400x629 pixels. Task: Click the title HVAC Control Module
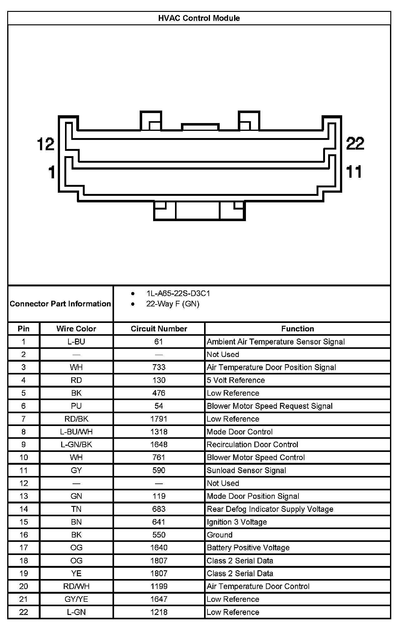[x=199, y=18]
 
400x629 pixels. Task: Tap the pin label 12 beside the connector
[x=46, y=144]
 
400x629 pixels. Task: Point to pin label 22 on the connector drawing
[x=355, y=143]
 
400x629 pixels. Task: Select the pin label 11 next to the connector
[x=354, y=172]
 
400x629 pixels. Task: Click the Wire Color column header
[x=76, y=329]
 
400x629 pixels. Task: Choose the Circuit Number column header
[x=159, y=329]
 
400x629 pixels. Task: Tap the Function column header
[x=297, y=329]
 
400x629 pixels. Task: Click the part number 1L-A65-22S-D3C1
[x=178, y=293]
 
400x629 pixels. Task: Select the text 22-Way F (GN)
[x=173, y=304]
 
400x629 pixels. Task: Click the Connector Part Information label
[x=60, y=304]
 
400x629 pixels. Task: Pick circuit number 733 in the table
[x=159, y=367]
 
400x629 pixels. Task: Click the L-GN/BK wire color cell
[x=76, y=444]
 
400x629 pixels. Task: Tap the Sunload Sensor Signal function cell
[x=246, y=470]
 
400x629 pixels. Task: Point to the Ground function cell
[x=220, y=535]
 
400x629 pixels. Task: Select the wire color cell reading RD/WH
[x=76, y=586]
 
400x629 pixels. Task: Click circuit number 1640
[x=159, y=547]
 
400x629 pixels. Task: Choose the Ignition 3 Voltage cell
[x=237, y=522]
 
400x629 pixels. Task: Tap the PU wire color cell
[x=76, y=406]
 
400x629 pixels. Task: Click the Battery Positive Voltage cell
[x=248, y=547]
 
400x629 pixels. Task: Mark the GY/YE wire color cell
[x=76, y=599]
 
